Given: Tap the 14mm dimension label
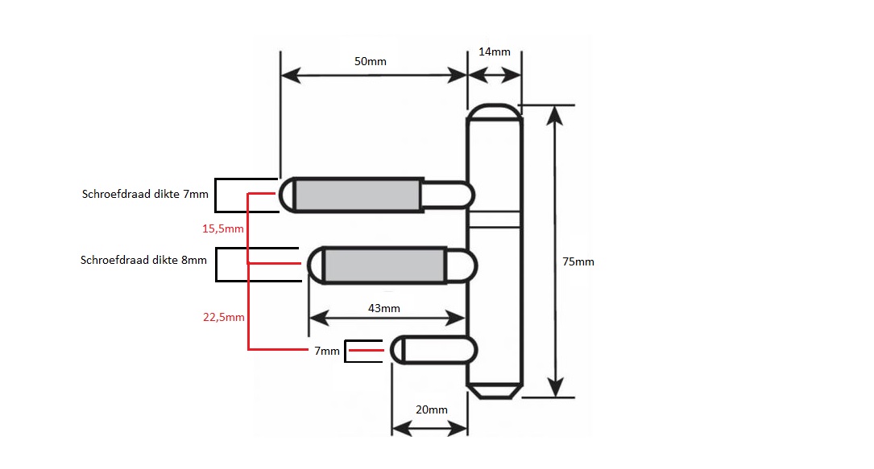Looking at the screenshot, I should pyautogui.click(x=495, y=52).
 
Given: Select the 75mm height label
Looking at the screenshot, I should pyautogui.click(x=579, y=261).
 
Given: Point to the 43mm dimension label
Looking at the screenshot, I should pyautogui.click(x=383, y=308).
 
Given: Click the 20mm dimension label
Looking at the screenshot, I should pyautogui.click(x=431, y=409).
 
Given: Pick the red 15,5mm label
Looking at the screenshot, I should pyautogui.click(x=222, y=229).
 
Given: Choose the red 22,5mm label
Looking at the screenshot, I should pyautogui.click(x=223, y=317).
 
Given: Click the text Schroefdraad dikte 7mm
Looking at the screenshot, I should pyautogui.click(x=145, y=194).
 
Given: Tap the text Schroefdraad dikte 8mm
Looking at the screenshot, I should pyautogui.click(x=143, y=260).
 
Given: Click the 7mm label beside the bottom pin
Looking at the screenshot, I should pyautogui.click(x=328, y=352).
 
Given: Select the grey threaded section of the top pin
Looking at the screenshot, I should pyautogui.click(x=359, y=194).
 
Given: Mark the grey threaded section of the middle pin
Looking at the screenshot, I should pyautogui.click(x=385, y=265).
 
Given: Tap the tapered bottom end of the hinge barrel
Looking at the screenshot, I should pyautogui.click(x=495, y=390).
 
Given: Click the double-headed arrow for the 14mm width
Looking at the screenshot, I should pyautogui.click(x=495, y=76).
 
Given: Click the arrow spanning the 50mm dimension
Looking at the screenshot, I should pyautogui.click(x=374, y=76).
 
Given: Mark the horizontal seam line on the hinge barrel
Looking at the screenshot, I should pyautogui.click(x=495, y=217).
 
